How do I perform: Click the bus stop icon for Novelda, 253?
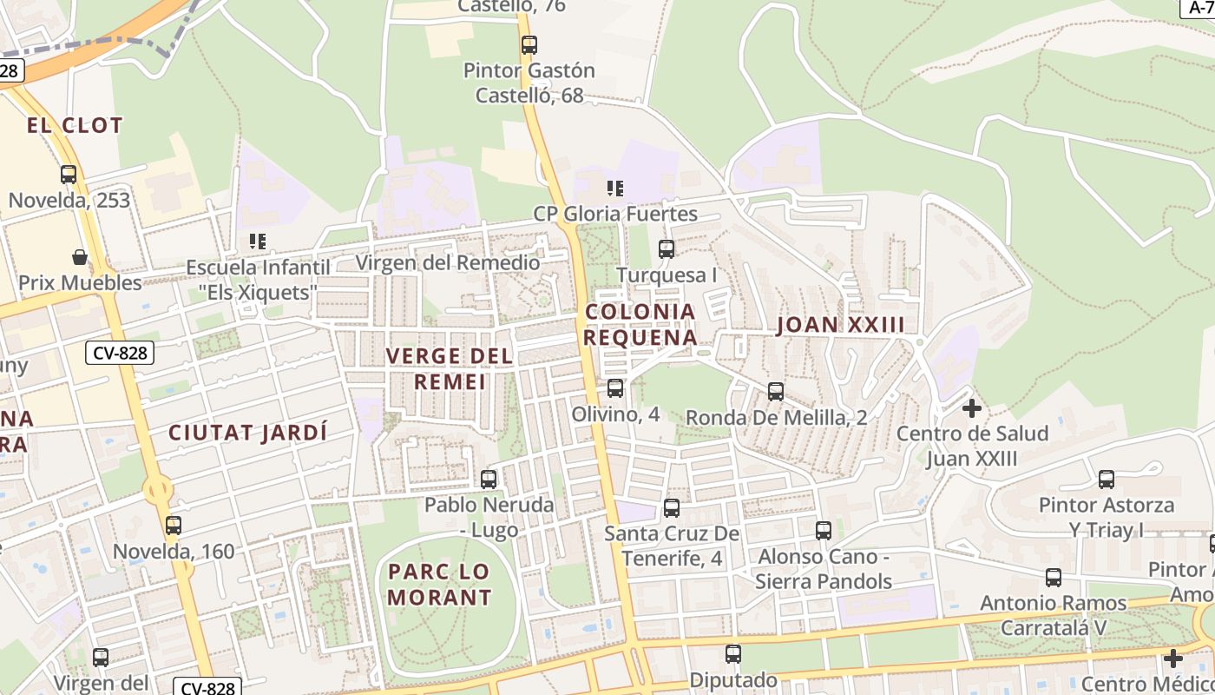(x=69, y=175)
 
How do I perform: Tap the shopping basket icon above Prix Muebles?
(x=80, y=257)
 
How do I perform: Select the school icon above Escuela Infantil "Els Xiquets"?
(x=257, y=241)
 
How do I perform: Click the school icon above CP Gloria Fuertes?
(x=615, y=188)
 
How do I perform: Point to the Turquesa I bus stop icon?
(x=667, y=249)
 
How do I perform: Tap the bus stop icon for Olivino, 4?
(x=615, y=388)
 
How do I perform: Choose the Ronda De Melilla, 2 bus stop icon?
(x=776, y=392)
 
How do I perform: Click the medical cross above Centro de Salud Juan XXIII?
(x=972, y=407)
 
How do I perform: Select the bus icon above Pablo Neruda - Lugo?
(x=489, y=479)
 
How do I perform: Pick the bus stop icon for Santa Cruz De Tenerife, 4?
(x=672, y=508)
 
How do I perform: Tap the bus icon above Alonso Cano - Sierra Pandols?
(x=824, y=530)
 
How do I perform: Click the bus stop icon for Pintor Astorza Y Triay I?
(x=1107, y=479)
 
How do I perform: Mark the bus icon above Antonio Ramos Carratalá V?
(x=1054, y=577)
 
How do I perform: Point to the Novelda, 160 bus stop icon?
(x=174, y=525)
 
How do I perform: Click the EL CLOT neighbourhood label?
(x=75, y=125)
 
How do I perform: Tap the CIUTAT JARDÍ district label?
(x=248, y=433)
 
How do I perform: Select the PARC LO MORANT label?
(x=439, y=584)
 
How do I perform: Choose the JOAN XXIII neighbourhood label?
(x=840, y=325)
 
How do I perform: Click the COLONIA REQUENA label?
(x=640, y=324)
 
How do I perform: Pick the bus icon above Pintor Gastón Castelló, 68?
(x=529, y=44)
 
